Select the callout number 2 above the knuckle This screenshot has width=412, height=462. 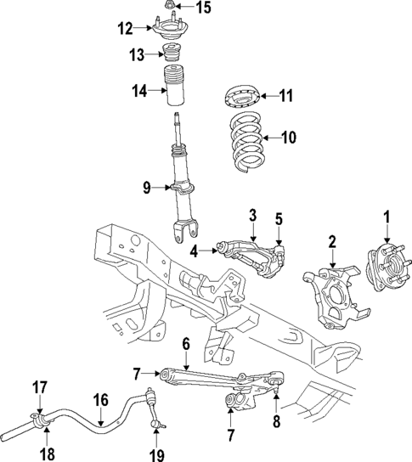pos(331,242)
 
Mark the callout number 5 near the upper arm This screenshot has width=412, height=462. pos(278,220)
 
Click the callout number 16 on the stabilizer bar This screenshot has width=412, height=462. pos(99,399)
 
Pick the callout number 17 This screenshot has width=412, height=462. pos(39,387)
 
